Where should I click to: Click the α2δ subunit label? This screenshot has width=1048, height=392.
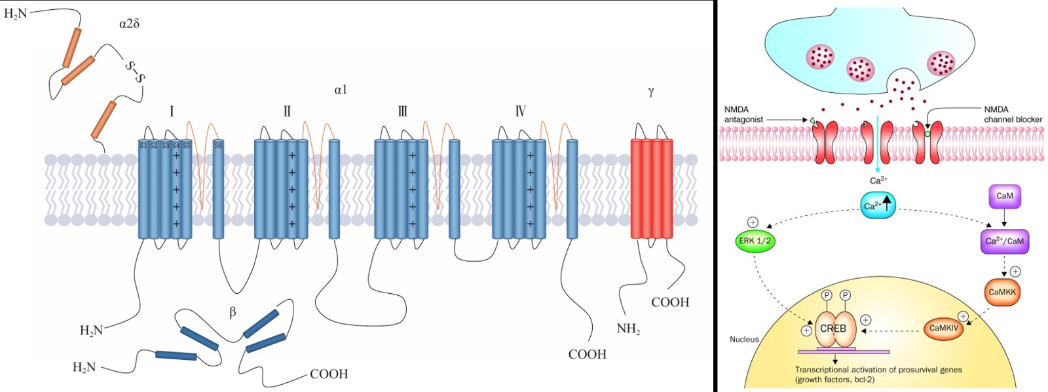[129, 24]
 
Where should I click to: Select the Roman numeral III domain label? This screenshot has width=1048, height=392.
[402, 111]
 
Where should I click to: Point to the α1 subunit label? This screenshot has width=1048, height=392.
[341, 90]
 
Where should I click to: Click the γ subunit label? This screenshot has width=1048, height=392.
[650, 92]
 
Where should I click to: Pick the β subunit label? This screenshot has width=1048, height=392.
[233, 312]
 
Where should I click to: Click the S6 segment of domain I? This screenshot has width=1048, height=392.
[218, 188]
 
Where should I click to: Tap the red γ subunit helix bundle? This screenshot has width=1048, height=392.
[651, 188]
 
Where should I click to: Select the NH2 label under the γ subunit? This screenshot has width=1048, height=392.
[628, 329]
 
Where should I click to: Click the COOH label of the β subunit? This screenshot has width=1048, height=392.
[329, 374]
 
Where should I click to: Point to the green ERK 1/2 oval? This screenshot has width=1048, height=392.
[755, 241]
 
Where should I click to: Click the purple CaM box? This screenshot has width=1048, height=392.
[1004, 196]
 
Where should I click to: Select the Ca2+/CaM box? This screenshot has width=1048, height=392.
[1004, 241]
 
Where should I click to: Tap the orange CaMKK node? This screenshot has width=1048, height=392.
[1002, 292]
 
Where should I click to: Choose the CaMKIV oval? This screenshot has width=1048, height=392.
[944, 329]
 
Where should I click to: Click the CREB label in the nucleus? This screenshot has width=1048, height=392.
[833, 329]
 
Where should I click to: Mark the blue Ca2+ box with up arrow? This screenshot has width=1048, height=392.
[877, 205]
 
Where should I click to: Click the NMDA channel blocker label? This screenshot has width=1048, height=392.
[1012, 115]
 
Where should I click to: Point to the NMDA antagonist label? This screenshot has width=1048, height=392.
[743, 115]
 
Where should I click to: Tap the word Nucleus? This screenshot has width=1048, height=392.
[744, 340]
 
